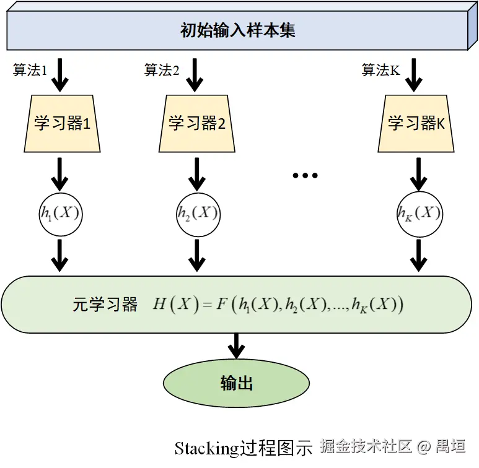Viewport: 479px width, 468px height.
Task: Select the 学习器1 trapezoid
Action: click(x=62, y=123)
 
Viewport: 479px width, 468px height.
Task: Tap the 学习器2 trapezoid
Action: click(x=196, y=123)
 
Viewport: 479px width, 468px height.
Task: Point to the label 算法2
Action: click(x=162, y=70)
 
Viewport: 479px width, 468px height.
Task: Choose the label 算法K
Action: click(x=380, y=70)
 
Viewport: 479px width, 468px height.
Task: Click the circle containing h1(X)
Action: click(x=60, y=214)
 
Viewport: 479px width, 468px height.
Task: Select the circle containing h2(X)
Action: click(x=198, y=214)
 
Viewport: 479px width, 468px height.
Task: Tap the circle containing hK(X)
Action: click(x=419, y=214)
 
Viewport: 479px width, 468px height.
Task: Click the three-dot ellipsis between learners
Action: click(x=305, y=176)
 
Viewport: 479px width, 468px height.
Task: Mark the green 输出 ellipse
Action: click(x=236, y=383)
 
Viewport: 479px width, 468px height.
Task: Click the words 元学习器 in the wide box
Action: click(x=105, y=305)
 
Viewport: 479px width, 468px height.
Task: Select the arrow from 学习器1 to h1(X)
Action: click(x=60, y=174)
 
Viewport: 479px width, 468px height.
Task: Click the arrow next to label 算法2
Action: click(x=195, y=75)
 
